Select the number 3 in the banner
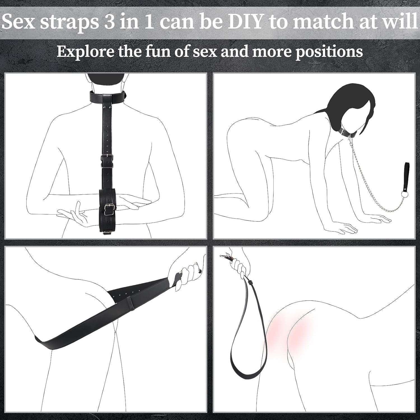pyautogui.click(x=110, y=22)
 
